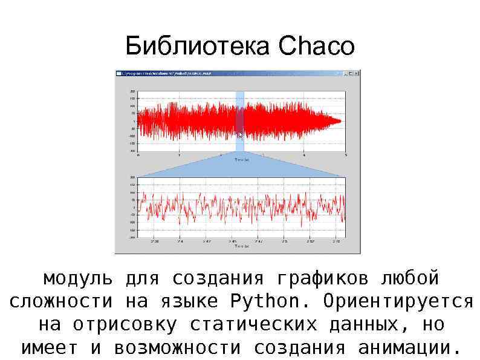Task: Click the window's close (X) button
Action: (357, 73)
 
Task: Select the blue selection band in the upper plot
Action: (239, 121)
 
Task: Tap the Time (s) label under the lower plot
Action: (242, 246)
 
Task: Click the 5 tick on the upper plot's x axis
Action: (345, 155)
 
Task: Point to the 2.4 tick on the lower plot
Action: (180, 241)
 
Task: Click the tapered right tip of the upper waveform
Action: (340, 121)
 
